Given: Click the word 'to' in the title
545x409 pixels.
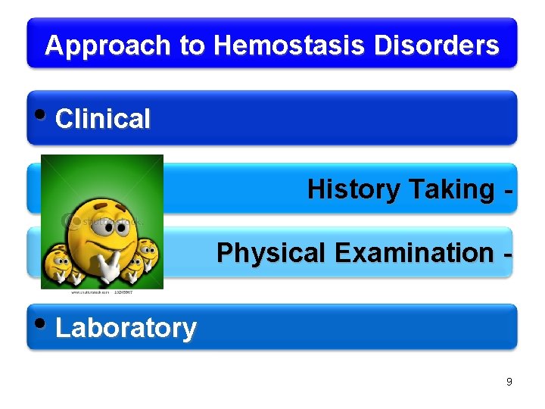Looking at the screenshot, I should [192, 45].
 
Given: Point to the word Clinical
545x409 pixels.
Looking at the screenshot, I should [103, 119].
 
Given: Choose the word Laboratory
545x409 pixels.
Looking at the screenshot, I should [126, 328].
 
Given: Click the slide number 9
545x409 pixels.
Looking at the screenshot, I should [509, 382].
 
